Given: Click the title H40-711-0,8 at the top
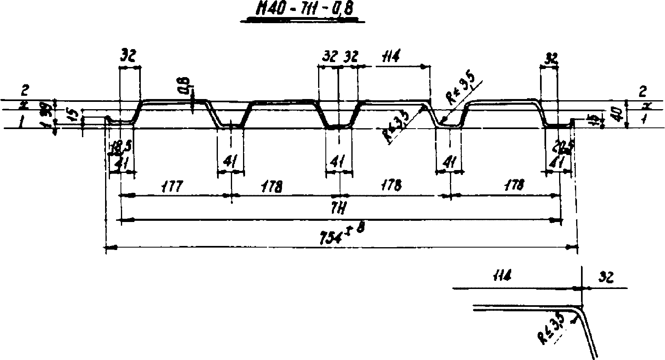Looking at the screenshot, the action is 302,11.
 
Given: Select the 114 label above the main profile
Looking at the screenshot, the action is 389,57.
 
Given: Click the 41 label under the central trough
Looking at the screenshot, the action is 338,162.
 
